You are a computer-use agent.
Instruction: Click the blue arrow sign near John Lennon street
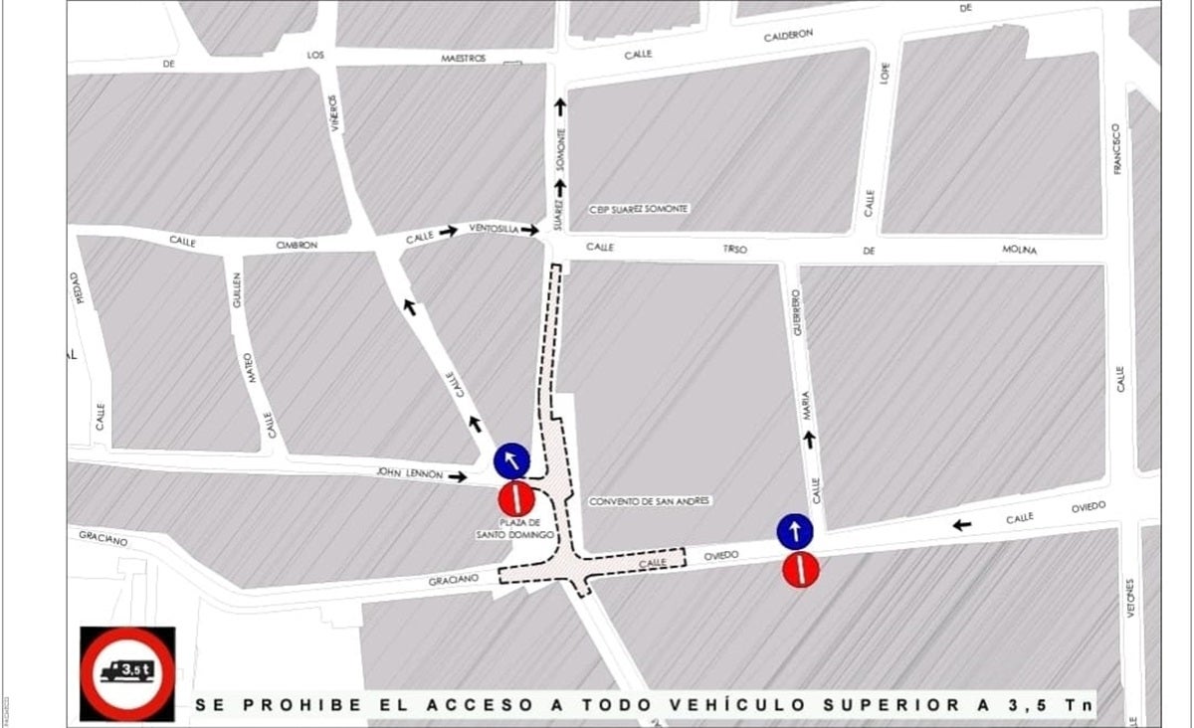point(511,460)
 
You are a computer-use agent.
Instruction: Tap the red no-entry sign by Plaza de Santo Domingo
point(516,497)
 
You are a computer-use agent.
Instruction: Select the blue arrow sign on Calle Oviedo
point(795,531)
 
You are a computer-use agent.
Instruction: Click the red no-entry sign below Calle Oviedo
point(800,569)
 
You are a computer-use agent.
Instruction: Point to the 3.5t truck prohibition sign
point(127,673)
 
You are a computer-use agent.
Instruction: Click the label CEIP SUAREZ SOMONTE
point(639,209)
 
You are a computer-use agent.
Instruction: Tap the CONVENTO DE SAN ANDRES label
point(650,501)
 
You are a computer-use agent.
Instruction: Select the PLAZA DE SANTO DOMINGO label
point(521,529)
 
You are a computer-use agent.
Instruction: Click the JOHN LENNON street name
point(410,474)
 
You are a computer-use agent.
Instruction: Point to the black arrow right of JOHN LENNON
point(457,477)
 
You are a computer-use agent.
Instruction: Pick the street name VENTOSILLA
point(494,229)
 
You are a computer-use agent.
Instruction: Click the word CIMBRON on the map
point(297,245)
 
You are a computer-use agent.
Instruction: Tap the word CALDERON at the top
point(788,36)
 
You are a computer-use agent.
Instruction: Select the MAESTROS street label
point(464,59)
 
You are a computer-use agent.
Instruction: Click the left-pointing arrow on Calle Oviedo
point(962,524)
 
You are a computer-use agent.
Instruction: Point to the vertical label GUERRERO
point(796,311)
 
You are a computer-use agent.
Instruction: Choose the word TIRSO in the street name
point(736,249)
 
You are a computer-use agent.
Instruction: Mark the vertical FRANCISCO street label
point(1117,149)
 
